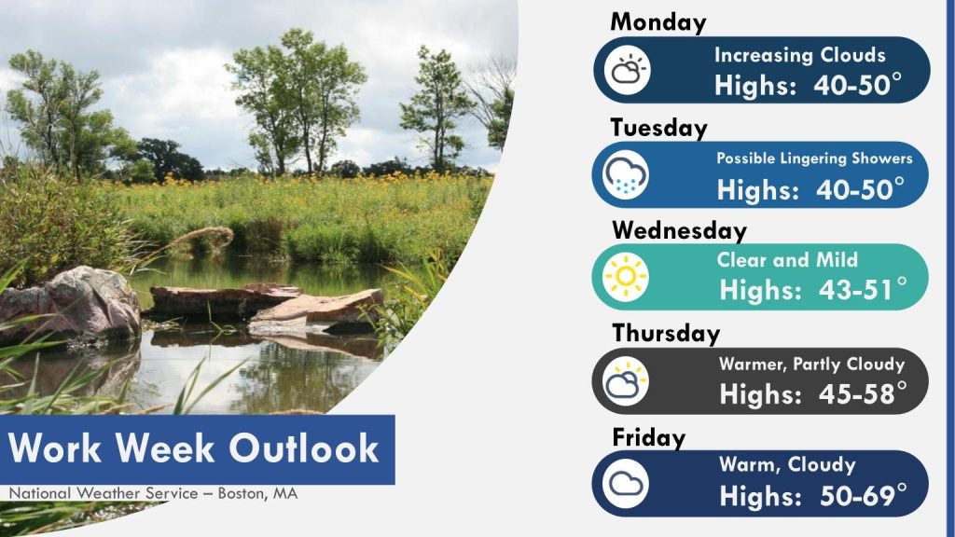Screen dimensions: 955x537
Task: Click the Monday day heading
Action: pos(657,22)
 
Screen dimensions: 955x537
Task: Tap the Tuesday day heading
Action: pos(659,128)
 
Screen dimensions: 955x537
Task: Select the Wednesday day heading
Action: pos(679,231)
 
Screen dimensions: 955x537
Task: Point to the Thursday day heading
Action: pos(666,334)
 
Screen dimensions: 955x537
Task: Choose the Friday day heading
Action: pos(649,438)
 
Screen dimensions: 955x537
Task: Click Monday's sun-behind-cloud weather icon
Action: pos(628,70)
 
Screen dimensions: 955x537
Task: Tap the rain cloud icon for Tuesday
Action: pos(626,175)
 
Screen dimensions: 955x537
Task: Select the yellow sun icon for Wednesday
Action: pos(626,277)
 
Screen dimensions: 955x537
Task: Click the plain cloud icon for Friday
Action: pos(626,484)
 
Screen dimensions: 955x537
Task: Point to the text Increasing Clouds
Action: pos(799,55)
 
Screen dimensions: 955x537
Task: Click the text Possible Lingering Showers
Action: pos(814,158)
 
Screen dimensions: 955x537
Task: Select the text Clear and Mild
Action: pos(787,260)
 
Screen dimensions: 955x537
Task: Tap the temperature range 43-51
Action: pos(856,291)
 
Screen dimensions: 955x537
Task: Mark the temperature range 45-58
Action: pos(856,394)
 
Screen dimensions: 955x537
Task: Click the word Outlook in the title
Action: pos(304,448)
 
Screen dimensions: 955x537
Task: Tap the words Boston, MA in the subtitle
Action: pos(257,493)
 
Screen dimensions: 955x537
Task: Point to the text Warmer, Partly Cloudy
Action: pos(812,365)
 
